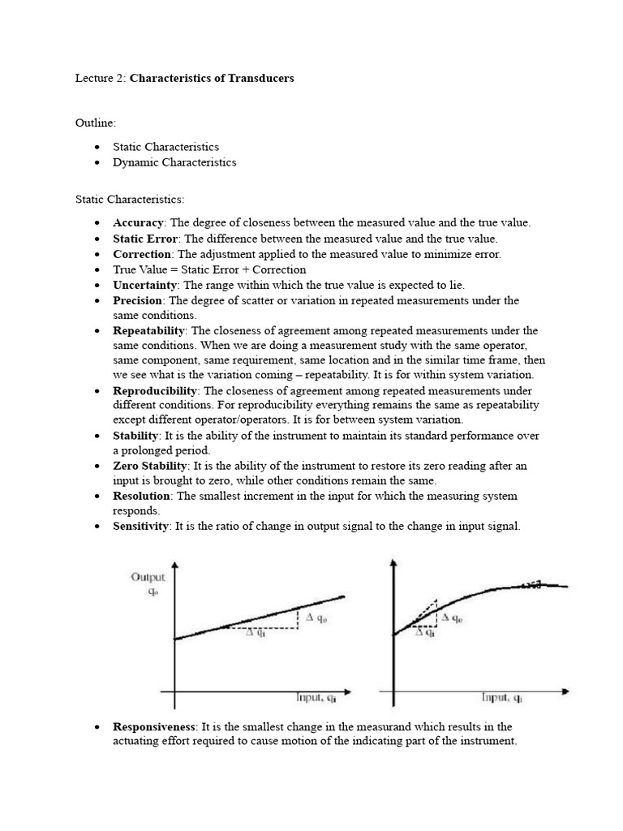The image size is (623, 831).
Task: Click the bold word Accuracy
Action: [x=139, y=222]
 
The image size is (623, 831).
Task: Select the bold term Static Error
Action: [x=145, y=239]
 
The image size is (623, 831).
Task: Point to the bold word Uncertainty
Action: [x=145, y=285]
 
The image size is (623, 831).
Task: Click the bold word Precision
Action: [x=139, y=300]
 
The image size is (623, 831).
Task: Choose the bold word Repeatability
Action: [x=149, y=331]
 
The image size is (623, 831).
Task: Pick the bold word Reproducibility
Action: [x=155, y=391]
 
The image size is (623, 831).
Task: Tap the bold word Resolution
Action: [x=141, y=496]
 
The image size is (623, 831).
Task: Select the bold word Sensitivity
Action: [x=141, y=527]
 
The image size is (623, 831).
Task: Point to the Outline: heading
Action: [x=96, y=123]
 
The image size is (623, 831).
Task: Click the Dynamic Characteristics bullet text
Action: [x=174, y=162]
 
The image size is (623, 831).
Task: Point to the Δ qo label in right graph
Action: [x=451, y=618]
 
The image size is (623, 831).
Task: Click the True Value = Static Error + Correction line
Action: [x=209, y=269]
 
